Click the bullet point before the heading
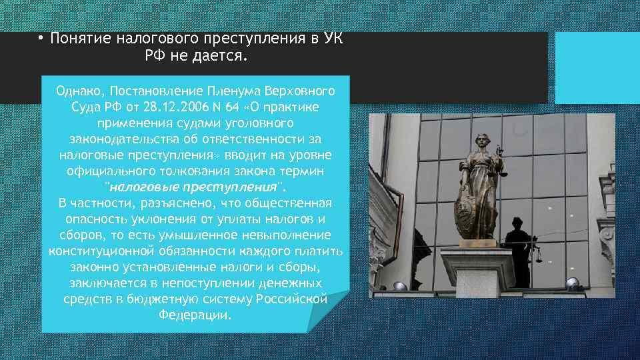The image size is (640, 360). point(40,39)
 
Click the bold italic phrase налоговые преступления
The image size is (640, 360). point(193,187)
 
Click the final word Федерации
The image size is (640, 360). point(195,315)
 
